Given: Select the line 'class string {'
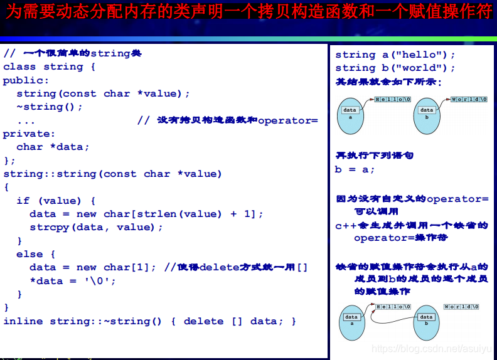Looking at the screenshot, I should (50, 66).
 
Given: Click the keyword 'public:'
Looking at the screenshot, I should (26, 80).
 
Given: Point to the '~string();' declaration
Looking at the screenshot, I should (50, 107).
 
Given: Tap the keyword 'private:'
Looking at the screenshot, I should (29, 134).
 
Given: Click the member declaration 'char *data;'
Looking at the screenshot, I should (53, 147).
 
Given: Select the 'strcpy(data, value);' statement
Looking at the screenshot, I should (96, 227).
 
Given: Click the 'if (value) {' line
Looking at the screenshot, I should (56, 201).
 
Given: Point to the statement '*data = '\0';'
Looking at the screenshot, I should (73, 281).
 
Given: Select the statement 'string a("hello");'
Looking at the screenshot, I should (395, 55).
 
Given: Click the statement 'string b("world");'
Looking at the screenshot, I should (395, 68).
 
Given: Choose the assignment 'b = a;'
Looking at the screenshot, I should (355, 169).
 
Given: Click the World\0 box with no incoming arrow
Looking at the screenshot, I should (461, 307).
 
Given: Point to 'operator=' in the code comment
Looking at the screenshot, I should (288, 120).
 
